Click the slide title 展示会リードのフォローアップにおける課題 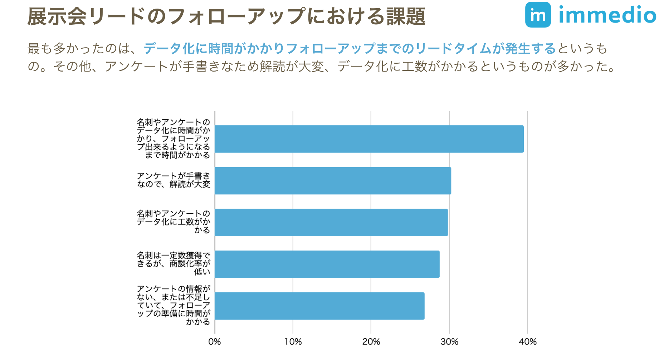(226, 16)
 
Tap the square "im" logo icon (538, 15)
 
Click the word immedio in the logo (607, 15)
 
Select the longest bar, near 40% (369, 139)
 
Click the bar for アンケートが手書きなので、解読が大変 (333, 181)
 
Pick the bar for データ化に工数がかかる (331, 222)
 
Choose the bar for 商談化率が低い (327, 264)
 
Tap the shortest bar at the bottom (319, 306)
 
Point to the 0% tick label (215, 342)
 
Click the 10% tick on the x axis (293, 342)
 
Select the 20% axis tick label (371, 342)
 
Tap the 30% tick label (449, 342)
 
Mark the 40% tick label (528, 342)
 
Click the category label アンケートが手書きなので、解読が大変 (174, 180)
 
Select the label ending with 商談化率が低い (174, 263)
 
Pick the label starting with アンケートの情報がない (174, 305)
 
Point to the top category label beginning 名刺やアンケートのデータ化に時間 (174, 138)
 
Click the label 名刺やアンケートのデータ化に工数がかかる (174, 222)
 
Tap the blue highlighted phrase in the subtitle (350, 48)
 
